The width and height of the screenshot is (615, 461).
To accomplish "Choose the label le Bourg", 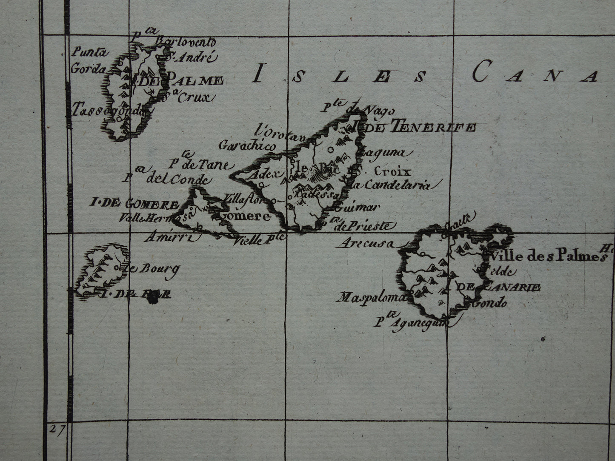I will (x=152, y=268).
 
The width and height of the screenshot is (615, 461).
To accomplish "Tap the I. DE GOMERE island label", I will (x=133, y=203).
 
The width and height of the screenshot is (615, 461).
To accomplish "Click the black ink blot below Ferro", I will (x=151, y=300).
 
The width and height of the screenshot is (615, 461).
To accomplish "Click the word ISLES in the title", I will (x=339, y=77).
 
